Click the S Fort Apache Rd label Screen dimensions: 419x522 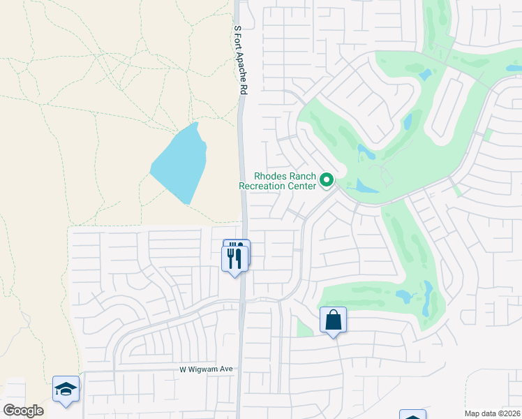[x=240, y=60]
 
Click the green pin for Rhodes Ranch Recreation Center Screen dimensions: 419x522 [x=326, y=181]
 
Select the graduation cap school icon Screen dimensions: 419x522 [x=66, y=389]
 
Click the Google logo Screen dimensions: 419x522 [x=23, y=411]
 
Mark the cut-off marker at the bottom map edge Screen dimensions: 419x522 [x=412, y=414]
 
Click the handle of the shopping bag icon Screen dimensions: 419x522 [x=333, y=315]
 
